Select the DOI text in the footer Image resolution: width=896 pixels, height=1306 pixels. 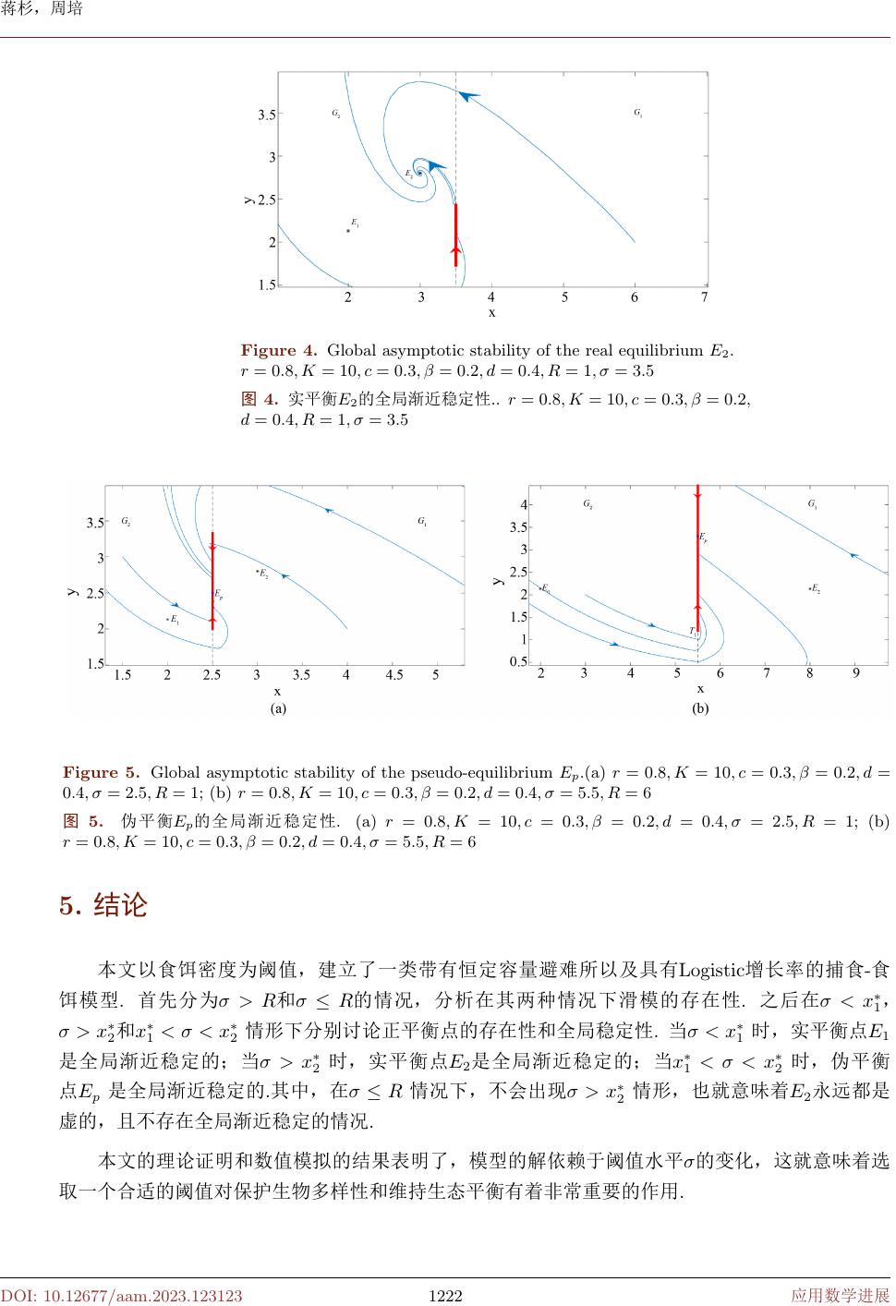(x=121, y=1296)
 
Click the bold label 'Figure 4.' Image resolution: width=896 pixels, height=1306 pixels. (x=279, y=351)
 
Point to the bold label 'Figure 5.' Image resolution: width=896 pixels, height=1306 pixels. (x=101, y=772)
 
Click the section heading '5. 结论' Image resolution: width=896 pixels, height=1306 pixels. (x=103, y=905)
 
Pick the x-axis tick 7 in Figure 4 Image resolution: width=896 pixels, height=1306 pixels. (x=704, y=297)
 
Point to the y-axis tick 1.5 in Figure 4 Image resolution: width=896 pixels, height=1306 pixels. (x=267, y=285)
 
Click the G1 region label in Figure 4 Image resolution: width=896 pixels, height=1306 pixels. (x=637, y=113)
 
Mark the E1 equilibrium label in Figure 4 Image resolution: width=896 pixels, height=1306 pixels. (x=355, y=223)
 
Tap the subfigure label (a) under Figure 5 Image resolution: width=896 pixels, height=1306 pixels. (x=277, y=709)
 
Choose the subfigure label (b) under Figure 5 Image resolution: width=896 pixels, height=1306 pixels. (x=700, y=709)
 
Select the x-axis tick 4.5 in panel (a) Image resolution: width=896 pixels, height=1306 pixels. (x=394, y=675)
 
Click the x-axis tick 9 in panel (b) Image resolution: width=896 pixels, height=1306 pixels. (x=856, y=673)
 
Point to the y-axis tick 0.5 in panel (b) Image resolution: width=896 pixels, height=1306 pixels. (x=518, y=662)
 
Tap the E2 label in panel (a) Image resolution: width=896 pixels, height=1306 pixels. (x=264, y=574)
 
